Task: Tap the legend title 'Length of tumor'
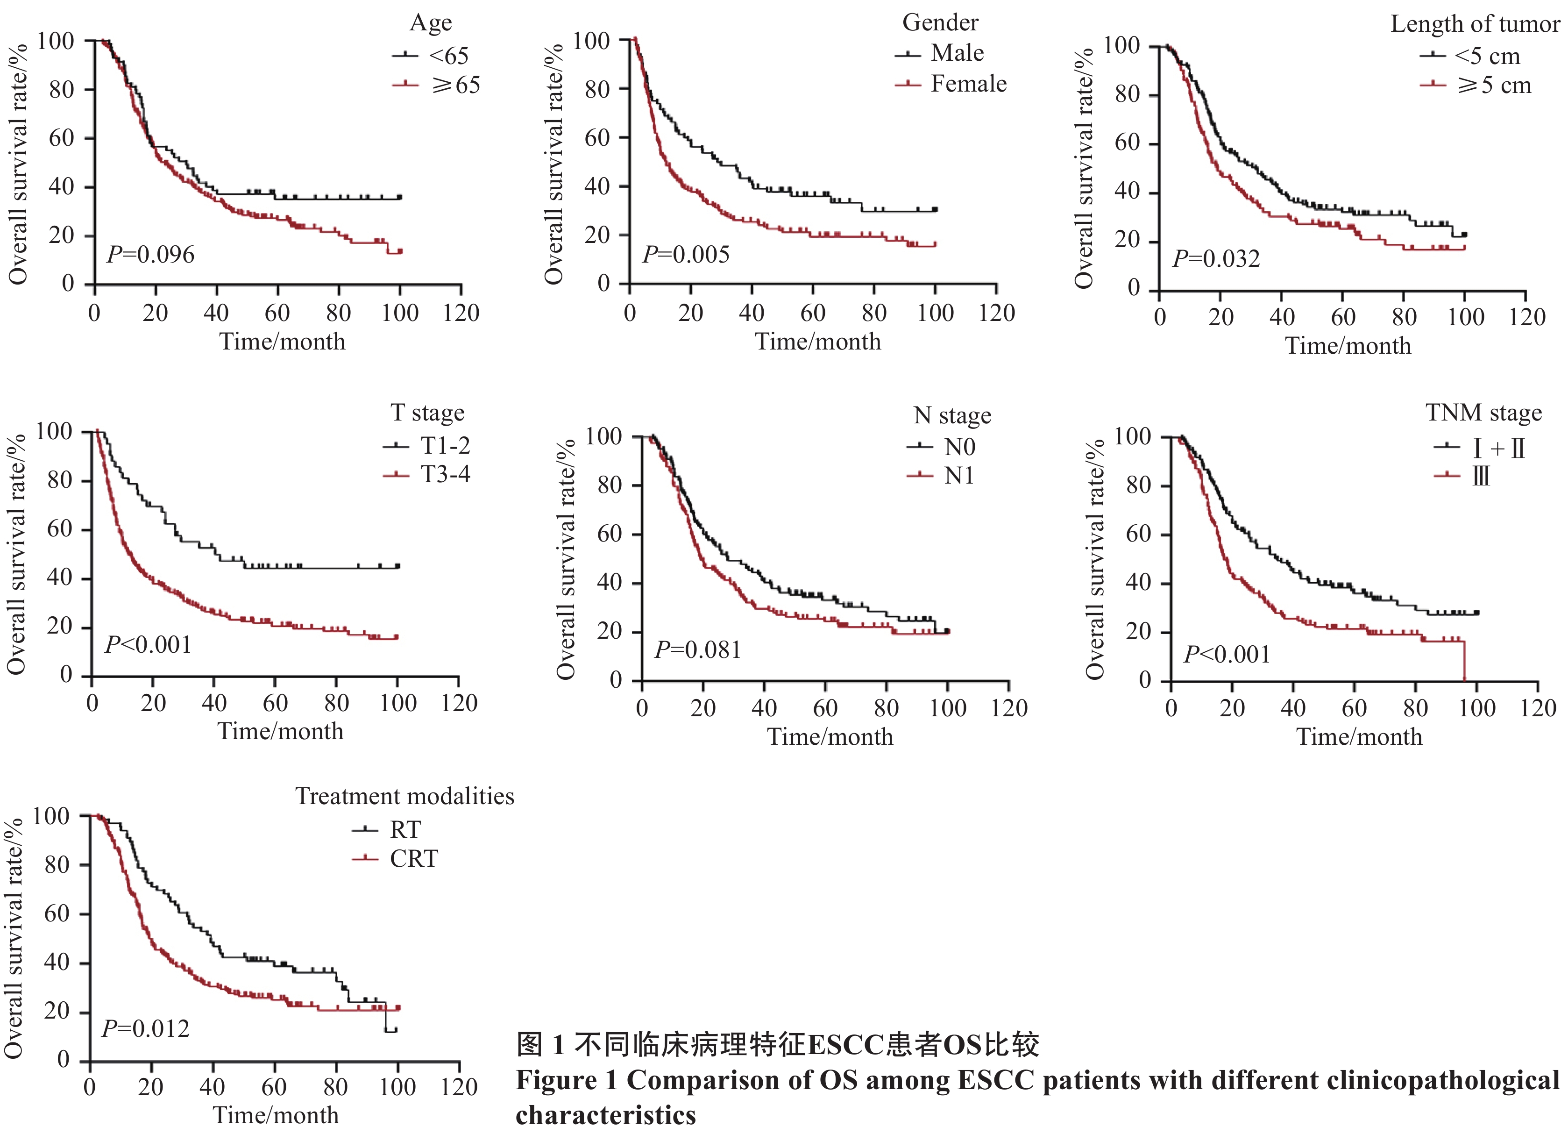[x=1474, y=24]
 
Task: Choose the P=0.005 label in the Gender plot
[x=686, y=255]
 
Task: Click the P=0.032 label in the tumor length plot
[x=1216, y=259]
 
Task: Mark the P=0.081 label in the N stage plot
[x=697, y=650]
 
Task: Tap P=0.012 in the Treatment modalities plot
[x=145, y=1029]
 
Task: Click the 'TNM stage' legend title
[x=1483, y=413]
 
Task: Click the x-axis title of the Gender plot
[x=818, y=342]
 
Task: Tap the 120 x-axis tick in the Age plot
[x=461, y=313]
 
